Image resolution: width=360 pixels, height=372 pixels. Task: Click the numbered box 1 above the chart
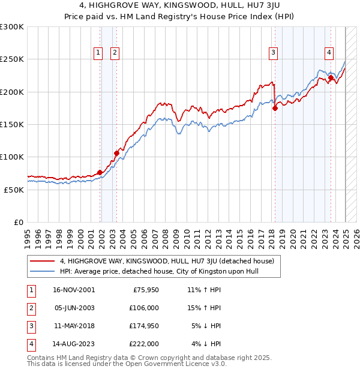click(98, 53)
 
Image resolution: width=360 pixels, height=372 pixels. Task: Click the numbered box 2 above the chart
click(114, 53)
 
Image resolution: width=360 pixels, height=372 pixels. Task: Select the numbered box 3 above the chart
click(273, 53)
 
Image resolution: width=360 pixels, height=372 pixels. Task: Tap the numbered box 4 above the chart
click(329, 53)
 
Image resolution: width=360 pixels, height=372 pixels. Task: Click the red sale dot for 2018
click(275, 109)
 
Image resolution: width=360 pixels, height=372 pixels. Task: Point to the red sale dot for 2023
click(331, 77)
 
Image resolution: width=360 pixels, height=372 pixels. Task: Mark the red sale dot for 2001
click(100, 172)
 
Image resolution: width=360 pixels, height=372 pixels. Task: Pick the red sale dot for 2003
click(116, 153)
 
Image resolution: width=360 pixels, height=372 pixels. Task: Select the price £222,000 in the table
click(143, 344)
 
